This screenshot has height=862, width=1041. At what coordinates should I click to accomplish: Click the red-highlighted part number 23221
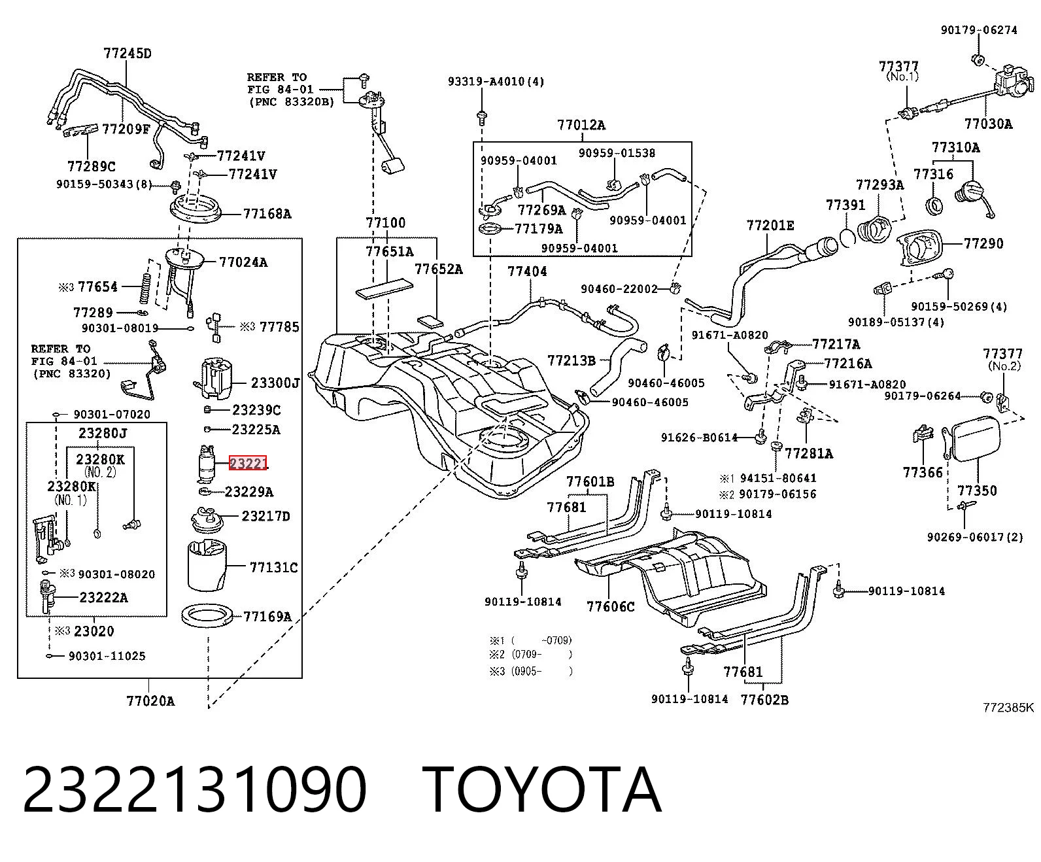pos(248,464)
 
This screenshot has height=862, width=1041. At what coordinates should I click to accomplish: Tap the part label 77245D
pos(127,54)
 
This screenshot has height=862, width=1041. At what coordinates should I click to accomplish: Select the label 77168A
pos(267,213)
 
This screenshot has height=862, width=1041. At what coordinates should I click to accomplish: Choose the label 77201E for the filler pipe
pos(770,226)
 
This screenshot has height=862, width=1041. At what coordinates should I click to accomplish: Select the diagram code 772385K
pos(1008,708)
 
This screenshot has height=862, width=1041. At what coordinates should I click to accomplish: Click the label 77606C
pos(610,606)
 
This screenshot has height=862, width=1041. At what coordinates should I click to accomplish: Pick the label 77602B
pos(764,700)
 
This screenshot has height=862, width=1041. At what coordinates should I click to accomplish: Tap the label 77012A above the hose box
pos(581,125)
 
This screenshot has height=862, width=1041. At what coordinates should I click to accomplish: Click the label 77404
pos(527,271)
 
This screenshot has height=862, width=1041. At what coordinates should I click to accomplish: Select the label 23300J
pos(275,383)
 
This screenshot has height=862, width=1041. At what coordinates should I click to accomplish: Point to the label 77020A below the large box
pos(150,701)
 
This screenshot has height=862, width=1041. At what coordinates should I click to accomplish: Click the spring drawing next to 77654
pos(145,289)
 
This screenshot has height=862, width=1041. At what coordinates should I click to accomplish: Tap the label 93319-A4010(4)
pos(496,81)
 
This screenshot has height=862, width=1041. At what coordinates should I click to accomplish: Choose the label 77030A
pos(988,124)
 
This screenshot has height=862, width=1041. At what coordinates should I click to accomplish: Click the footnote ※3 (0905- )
pos(531,672)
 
